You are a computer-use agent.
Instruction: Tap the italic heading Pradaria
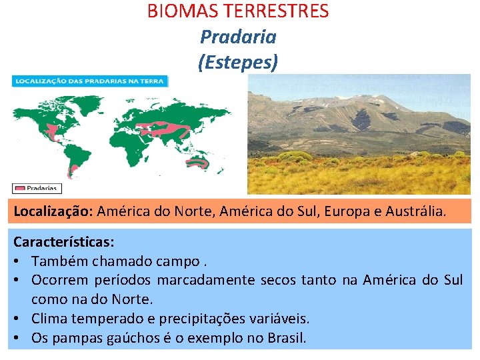pyautogui.click(x=238, y=37)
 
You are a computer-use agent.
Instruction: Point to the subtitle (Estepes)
pyautogui.click(x=238, y=62)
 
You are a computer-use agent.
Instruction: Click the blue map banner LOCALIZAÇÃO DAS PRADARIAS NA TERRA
pyautogui.click(x=90, y=81)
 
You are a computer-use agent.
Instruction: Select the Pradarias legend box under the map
pyautogui.click(x=37, y=189)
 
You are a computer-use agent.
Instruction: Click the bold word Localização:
pyautogui.click(x=53, y=211)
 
